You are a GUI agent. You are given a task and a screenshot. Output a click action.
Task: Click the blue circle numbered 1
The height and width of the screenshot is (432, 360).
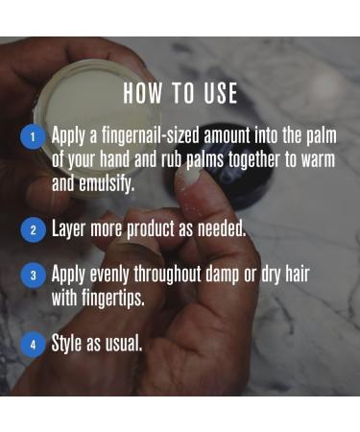(x=32, y=137)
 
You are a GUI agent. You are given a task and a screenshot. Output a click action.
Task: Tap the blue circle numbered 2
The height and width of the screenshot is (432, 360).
(x=32, y=229)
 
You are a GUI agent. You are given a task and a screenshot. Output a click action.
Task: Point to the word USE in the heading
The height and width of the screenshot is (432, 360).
(x=220, y=94)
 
